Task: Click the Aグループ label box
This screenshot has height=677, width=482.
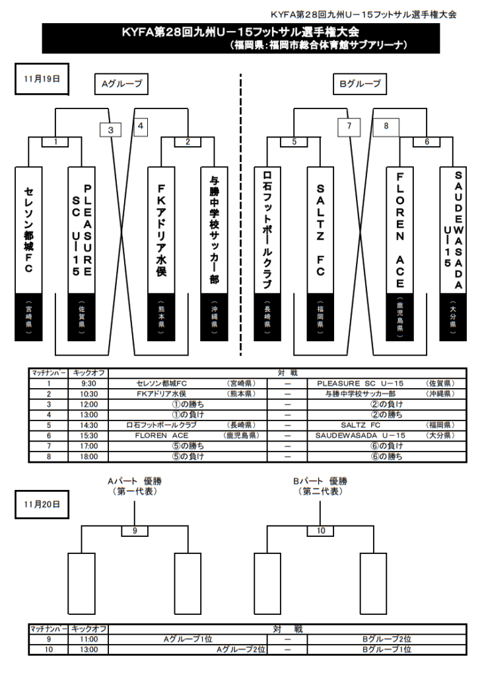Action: (120, 84)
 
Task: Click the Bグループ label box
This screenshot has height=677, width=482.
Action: (360, 84)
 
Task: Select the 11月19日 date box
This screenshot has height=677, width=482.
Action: (42, 78)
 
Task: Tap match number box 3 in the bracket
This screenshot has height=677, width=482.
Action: (111, 130)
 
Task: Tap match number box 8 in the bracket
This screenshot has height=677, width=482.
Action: (386, 126)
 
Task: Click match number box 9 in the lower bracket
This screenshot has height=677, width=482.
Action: (134, 531)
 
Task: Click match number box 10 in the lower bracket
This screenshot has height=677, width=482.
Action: (321, 531)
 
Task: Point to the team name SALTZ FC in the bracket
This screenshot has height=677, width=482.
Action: (320, 228)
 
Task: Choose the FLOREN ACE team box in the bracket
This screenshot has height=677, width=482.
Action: (400, 228)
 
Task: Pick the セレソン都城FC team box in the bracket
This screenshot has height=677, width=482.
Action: (28, 228)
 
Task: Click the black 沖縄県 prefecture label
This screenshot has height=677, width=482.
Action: (214, 316)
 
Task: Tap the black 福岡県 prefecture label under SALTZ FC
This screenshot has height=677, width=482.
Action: (320, 316)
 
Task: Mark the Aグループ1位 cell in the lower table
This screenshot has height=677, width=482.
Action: (188, 639)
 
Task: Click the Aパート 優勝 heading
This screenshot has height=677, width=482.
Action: (135, 481)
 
